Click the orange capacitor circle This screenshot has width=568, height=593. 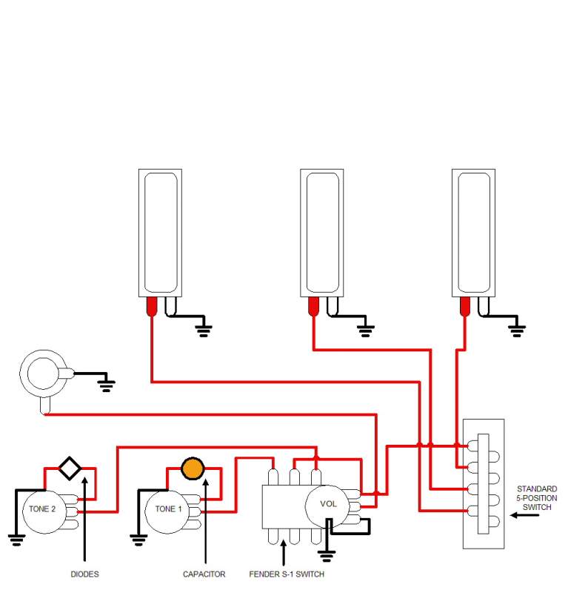tap(193, 468)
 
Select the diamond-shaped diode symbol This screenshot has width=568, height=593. tap(70, 468)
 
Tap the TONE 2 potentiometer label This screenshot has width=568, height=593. tap(42, 509)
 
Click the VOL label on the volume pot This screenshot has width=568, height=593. tap(328, 504)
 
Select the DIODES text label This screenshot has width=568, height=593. tap(85, 574)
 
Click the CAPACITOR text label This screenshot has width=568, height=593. tap(204, 574)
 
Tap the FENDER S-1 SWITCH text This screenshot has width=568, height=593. tap(287, 574)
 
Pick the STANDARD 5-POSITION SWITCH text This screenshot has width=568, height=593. tap(538, 498)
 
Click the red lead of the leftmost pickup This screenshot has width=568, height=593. tap(152, 306)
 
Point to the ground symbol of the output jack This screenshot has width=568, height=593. tap(107, 383)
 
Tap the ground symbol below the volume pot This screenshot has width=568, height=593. tap(327, 554)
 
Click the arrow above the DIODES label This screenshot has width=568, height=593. tap(86, 519)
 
